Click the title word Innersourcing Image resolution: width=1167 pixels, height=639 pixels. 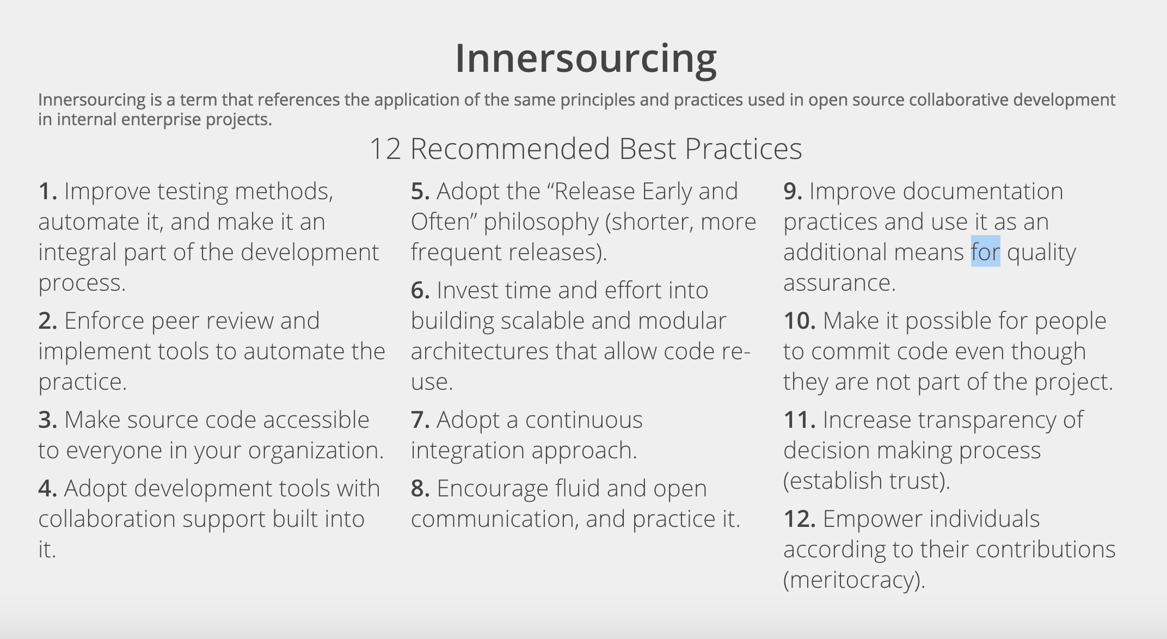click(x=586, y=59)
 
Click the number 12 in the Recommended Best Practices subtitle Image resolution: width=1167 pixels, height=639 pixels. click(x=385, y=149)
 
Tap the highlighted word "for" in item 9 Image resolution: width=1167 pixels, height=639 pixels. click(x=985, y=251)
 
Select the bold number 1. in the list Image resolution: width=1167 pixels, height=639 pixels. click(x=48, y=191)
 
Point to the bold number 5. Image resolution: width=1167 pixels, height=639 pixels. click(x=420, y=191)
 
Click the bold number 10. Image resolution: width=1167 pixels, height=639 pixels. click(x=800, y=321)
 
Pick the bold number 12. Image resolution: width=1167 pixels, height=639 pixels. click(x=800, y=519)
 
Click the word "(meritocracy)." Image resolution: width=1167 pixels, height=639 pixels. click(x=854, y=580)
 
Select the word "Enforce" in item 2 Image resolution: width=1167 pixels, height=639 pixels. click(x=104, y=321)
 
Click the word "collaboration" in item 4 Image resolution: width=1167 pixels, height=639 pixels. click(x=107, y=519)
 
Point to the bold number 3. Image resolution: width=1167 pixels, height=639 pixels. click(x=48, y=420)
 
